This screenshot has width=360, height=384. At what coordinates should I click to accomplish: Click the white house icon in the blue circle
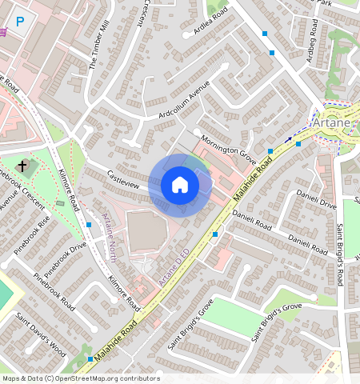pos(180,186)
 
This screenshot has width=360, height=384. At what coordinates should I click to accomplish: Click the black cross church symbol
pos(22,167)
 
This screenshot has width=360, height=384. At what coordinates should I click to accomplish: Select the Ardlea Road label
pos(206,22)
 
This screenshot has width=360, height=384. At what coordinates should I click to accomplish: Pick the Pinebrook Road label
pos(55,293)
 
